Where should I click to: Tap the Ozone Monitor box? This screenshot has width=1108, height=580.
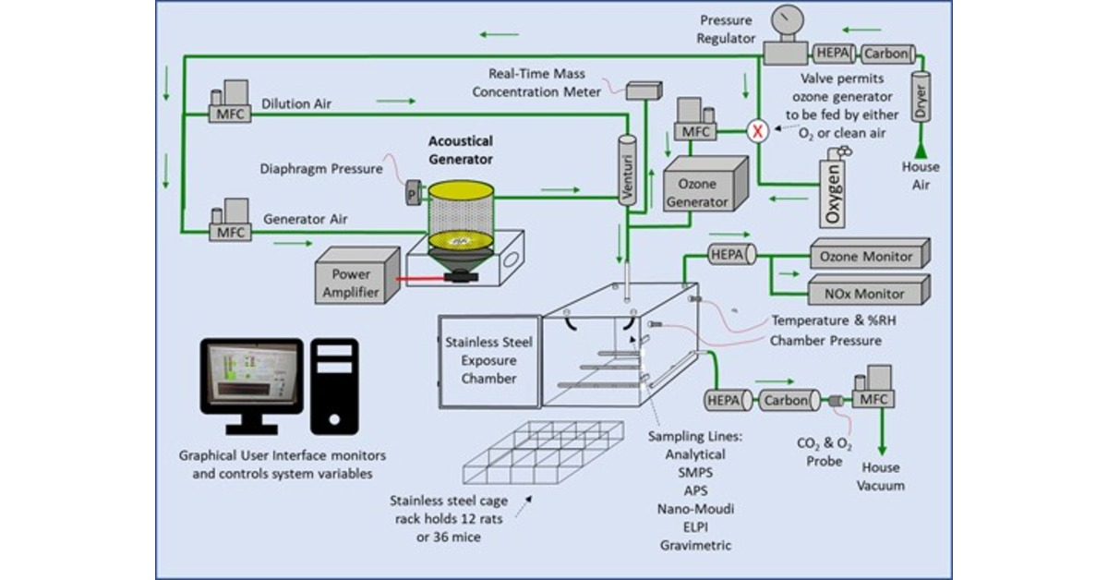click(x=869, y=256)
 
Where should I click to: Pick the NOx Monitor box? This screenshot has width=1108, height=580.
click(x=869, y=293)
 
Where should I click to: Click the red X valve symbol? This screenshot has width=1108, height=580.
click(x=758, y=131)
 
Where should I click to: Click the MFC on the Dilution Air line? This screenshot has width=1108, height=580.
click(x=228, y=104)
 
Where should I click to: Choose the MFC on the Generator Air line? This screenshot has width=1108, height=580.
click(x=228, y=222)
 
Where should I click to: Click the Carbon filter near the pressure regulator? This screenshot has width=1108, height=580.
click(x=885, y=54)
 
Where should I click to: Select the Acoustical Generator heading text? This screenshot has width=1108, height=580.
click(x=460, y=149)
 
